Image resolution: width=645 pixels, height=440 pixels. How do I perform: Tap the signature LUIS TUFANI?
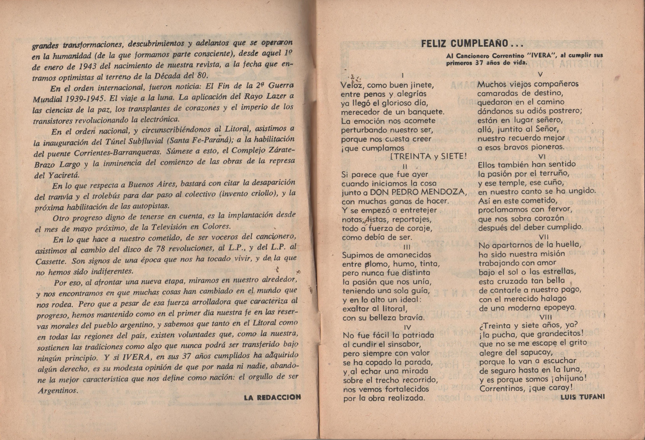click(582, 397)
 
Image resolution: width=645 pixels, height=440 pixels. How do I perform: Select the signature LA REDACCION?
click(272, 397)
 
